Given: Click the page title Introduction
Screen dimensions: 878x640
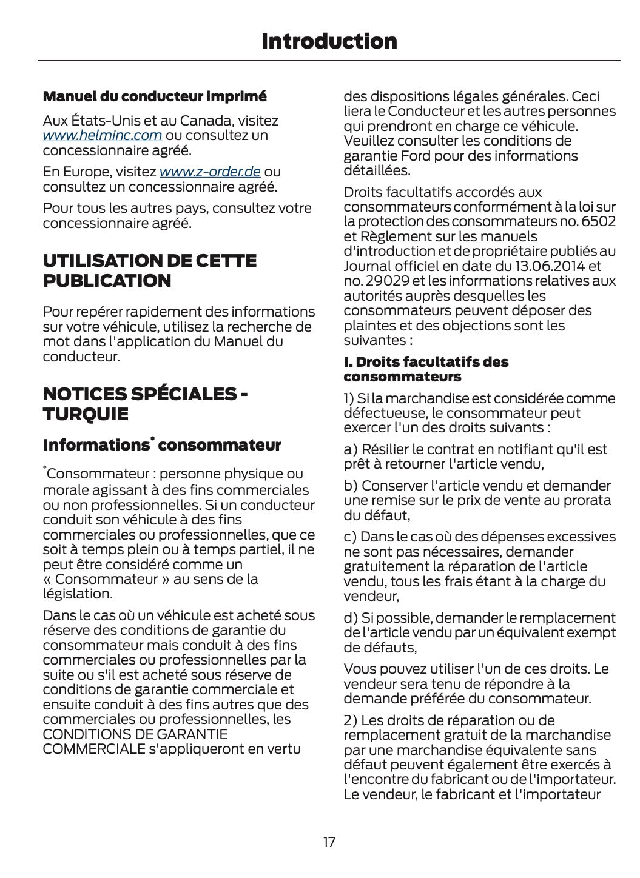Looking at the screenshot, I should click(x=329, y=41).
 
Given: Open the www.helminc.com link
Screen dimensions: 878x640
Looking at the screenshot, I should click(x=102, y=135).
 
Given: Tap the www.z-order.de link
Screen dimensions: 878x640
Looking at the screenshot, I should click(x=209, y=172).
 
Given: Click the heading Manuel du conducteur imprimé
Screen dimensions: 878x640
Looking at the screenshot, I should click(x=154, y=96).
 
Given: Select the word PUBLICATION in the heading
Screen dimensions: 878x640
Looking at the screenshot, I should click(x=107, y=281).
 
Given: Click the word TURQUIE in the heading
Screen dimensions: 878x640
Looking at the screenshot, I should click(x=86, y=415).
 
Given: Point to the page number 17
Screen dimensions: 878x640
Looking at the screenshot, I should click(x=329, y=842).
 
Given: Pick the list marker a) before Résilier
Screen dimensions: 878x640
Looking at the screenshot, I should click(x=351, y=450).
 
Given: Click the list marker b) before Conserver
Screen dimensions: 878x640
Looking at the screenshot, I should click(x=351, y=486).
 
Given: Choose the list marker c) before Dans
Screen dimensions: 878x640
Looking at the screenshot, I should click(x=350, y=537).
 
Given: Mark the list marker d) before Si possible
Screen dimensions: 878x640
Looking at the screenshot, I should click(x=351, y=618).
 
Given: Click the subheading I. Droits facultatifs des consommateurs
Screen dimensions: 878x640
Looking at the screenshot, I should click(x=426, y=369).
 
